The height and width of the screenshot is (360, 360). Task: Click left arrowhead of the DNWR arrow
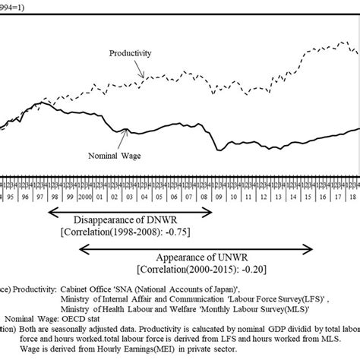pyautogui.click(x=50, y=210)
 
